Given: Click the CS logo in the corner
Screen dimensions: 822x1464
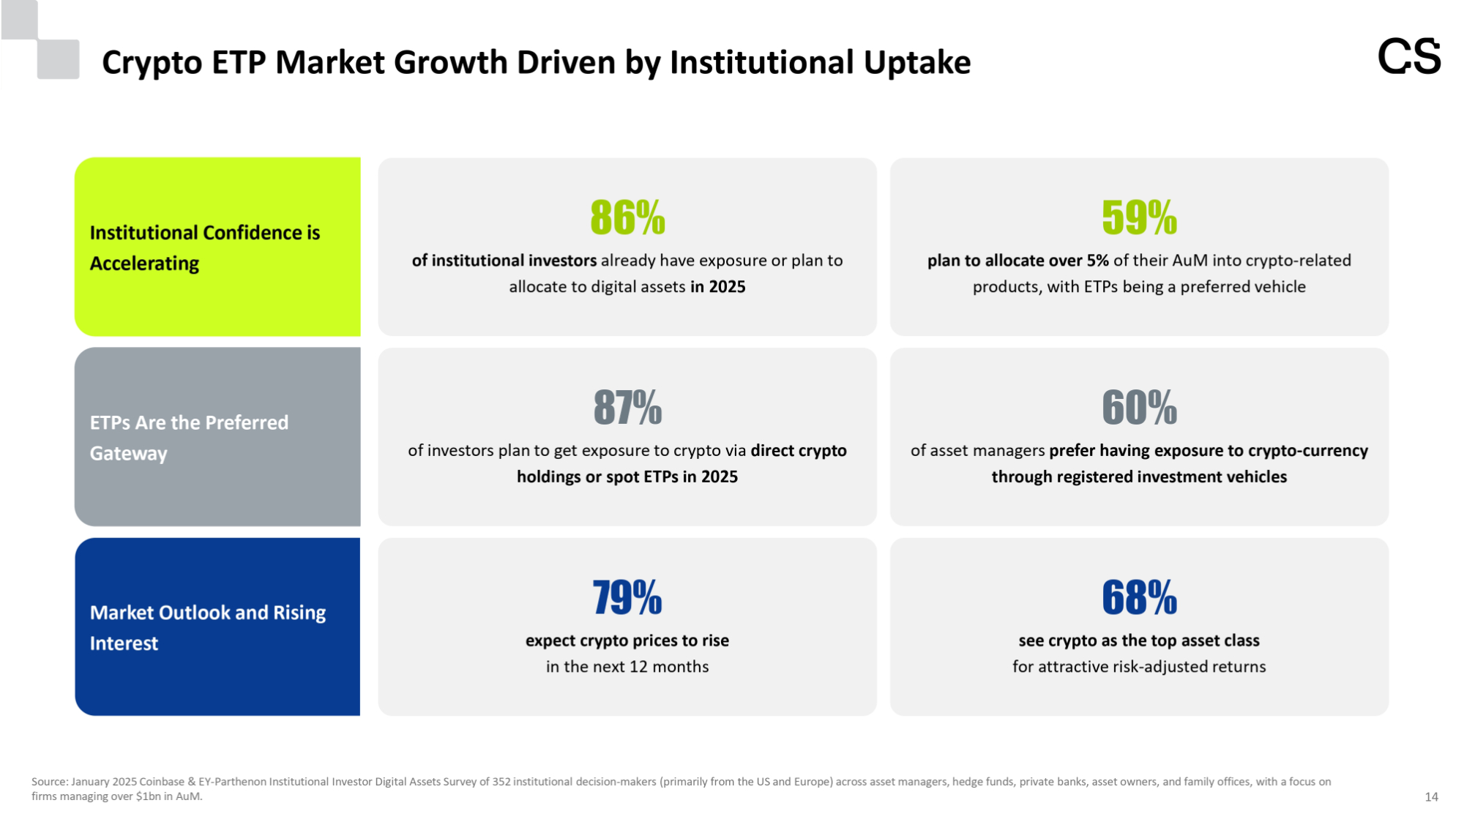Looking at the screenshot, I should (x=1408, y=57).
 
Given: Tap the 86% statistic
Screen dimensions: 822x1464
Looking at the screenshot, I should (x=627, y=217).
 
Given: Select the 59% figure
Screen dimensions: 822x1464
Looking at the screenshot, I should (x=1139, y=217).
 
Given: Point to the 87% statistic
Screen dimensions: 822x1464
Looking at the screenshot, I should (x=627, y=408).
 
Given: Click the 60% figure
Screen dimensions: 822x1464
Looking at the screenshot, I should (x=1139, y=408).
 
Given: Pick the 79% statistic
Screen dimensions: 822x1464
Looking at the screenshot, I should (x=627, y=597).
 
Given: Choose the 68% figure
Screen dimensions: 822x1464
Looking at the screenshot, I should (x=1139, y=597).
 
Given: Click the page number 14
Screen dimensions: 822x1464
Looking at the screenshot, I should (x=1431, y=797).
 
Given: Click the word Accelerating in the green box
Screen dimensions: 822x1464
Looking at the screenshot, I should (x=144, y=264).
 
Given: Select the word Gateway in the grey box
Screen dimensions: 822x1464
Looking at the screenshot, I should (x=129, y=454).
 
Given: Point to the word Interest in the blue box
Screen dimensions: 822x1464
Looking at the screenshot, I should (x=124, y=643).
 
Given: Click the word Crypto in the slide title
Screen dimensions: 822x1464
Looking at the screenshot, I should (x=152, y=63).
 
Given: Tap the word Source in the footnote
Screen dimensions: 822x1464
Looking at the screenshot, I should (x=49, y=782).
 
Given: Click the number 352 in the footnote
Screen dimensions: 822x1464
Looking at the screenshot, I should (x=501, y=782).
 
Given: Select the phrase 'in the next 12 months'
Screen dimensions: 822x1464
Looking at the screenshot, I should (x=627, y=667).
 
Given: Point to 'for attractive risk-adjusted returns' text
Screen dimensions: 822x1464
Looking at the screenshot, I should (x=1139, y=667).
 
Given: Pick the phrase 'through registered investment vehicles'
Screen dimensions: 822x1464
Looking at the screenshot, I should (x=1139, y=477).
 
